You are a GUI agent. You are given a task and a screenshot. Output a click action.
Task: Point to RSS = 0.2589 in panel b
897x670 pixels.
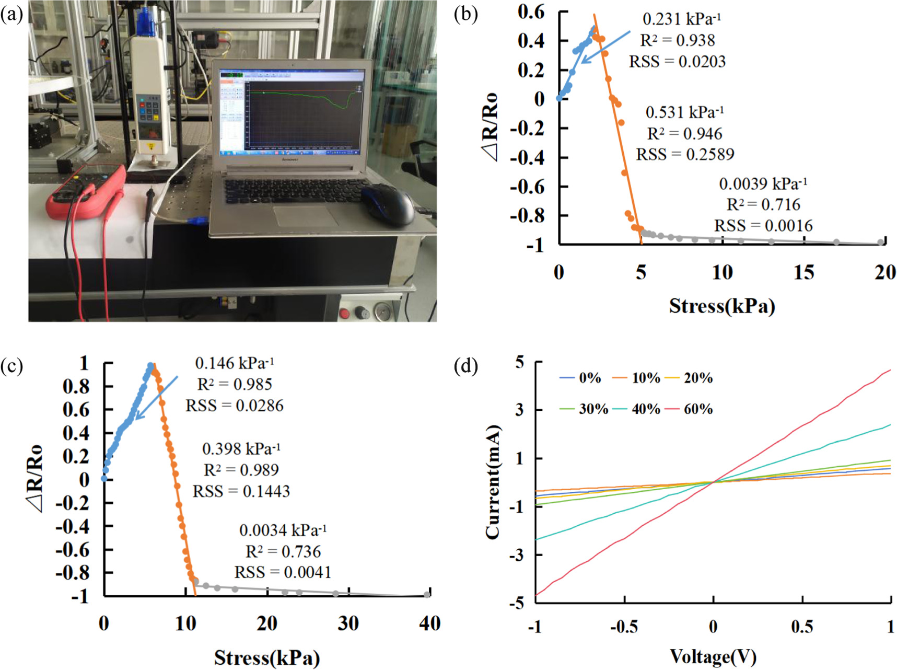click(684, 155)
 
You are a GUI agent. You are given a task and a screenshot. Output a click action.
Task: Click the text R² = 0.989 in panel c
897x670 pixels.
click(241, 470)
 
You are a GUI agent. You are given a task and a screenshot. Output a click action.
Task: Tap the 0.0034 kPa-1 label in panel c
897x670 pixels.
click(283, 530)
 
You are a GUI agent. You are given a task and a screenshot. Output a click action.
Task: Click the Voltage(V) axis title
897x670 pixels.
click(713, 656)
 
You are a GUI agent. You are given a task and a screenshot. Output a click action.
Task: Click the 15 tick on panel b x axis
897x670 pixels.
click(803, 273)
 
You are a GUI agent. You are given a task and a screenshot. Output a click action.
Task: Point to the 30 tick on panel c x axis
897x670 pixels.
click(347, 624)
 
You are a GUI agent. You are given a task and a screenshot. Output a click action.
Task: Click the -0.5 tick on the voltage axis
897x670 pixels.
click(624, 627)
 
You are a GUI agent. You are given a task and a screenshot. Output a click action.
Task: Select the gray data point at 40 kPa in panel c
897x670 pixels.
click(427, 595)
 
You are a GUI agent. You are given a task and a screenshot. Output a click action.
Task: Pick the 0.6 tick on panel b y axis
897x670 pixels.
click(531, 11)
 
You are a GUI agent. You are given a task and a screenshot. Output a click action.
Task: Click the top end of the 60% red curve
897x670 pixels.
click(889, 371)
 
